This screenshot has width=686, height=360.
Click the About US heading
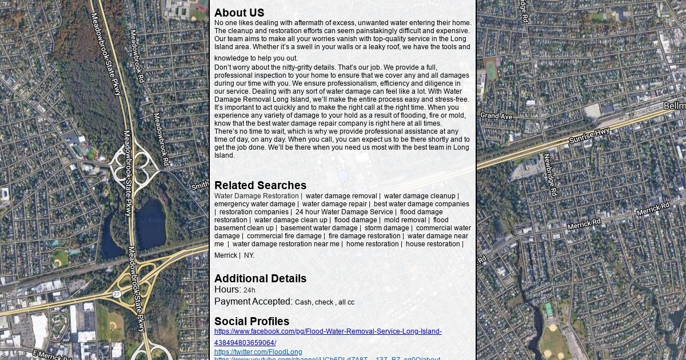[239, 13]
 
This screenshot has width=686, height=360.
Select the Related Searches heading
[260, 185]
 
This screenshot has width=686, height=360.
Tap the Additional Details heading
[260, 278]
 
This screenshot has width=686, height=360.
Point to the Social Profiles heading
[252, 321]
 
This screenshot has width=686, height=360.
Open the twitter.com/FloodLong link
[258, 352]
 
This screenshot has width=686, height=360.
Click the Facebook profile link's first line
[328, 331]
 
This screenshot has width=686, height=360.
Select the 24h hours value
[249, 290]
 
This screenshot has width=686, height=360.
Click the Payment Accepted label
[253, 302]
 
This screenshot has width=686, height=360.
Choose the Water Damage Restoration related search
[256, 196]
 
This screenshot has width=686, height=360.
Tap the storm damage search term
[386, 228]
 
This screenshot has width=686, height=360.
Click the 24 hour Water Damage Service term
[344, 212]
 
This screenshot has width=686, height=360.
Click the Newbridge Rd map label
[550, 174]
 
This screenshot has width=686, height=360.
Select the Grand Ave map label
[496, 116]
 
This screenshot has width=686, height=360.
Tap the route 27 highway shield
[117, 294]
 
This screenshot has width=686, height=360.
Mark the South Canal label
[539, 283]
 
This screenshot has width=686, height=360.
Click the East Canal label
[547, 259]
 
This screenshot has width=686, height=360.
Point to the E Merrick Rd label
[51, 354]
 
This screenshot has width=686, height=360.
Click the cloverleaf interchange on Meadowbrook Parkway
[134, 165]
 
